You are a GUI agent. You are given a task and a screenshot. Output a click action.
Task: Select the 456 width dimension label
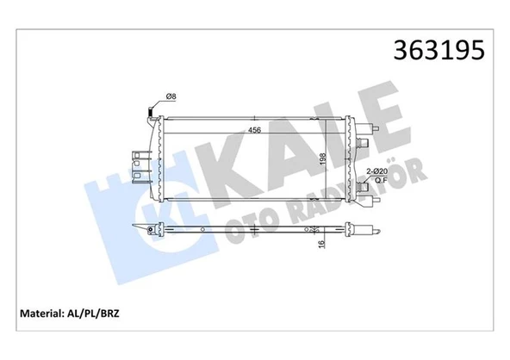click(x=255, y=131)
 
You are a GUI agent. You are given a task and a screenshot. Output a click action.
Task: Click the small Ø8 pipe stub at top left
click(x=152, y=109)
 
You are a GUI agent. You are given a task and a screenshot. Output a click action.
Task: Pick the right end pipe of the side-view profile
click(x=373, y=229)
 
